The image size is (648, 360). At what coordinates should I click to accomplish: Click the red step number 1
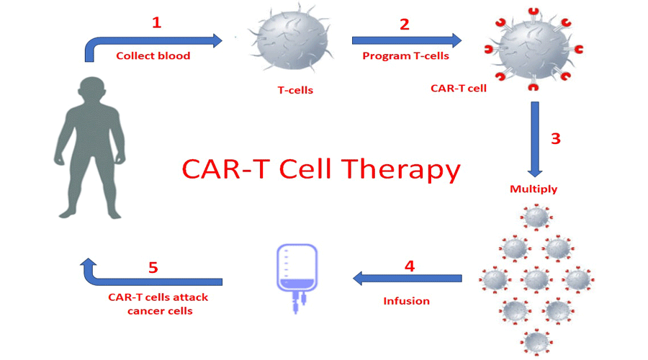[156, 22]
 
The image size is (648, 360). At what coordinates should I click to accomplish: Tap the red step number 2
[404, 24]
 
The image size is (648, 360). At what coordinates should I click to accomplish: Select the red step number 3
[555, 138]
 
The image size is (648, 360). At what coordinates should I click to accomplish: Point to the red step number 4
[409, 266]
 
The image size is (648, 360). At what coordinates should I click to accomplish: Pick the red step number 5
[153, 267]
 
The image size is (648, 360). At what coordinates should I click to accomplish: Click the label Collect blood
[153, 55]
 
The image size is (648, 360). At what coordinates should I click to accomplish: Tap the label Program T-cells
[405, 55]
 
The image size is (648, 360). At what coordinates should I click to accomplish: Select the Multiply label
[534, 189]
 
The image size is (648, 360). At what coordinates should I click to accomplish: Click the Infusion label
[406, 301]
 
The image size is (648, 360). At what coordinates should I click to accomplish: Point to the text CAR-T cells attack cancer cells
[158, 304]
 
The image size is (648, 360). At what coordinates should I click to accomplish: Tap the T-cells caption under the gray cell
[295, 91]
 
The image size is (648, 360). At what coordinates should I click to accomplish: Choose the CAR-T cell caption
[459, 89]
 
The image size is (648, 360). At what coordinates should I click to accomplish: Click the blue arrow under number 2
[407, 40]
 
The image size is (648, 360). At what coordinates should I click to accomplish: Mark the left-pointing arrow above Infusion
[407, 278]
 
